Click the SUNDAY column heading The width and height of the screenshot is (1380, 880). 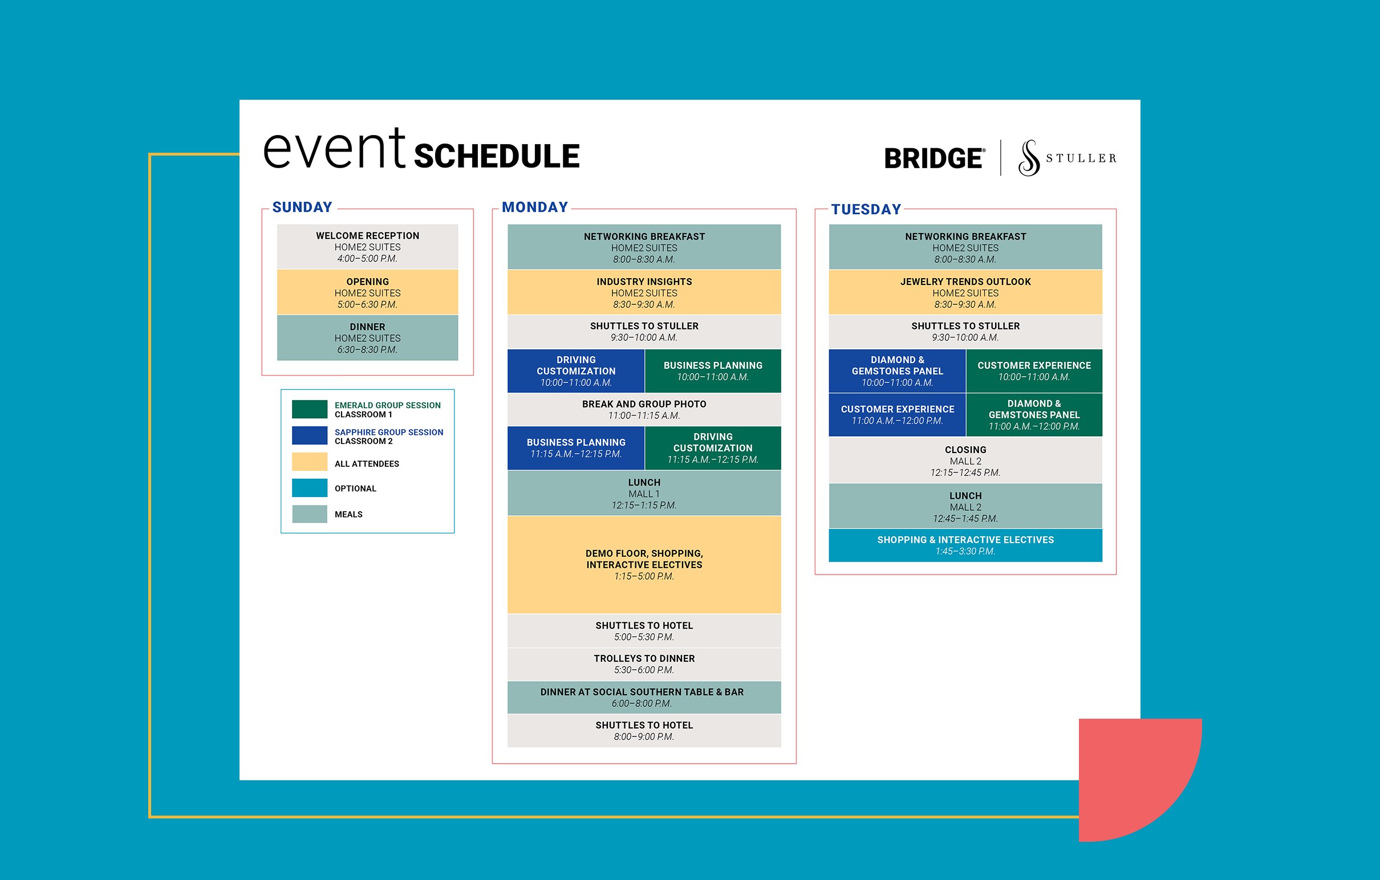pos(302,207)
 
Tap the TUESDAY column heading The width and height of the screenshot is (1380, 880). pos(866,209)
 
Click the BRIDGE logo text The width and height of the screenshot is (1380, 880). pos(933,158)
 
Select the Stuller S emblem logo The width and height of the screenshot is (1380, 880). pos(1029,157)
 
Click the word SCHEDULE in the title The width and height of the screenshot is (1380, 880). pos(496,156)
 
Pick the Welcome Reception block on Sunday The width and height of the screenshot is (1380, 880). pos(367,246)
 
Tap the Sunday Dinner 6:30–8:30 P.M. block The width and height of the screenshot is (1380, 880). pos(367,338)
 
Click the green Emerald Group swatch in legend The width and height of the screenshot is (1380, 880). pos(310,409)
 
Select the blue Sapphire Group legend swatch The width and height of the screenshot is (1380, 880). pos(310,435)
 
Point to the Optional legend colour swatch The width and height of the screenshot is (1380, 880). pos(310,488)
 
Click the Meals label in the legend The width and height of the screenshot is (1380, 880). pos(348,515)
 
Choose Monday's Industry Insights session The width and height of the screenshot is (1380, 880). pos(644,292)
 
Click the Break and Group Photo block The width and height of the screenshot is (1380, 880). pos(644,409)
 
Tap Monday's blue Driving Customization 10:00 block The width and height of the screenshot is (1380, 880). pos(576,370)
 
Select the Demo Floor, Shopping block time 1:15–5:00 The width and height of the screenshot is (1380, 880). pos(644,576)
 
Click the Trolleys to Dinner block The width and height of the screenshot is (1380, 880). pos(644,664)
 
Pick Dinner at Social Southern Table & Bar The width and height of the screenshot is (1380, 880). pos(644,697)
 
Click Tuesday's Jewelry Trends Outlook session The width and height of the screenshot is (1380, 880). pos(965,292)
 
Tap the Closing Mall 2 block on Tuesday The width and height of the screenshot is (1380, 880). pos(965,461)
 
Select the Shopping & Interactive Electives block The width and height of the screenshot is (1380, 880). pos(965,545)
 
